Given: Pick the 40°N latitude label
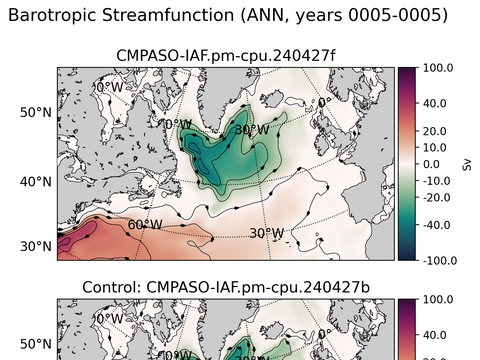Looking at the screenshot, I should point(36,181).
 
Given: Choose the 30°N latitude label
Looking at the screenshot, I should point(36,246).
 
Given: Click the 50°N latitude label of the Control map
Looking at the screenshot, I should point(36,343).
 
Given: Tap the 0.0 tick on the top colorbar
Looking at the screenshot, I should point(431,163).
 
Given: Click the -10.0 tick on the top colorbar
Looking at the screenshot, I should point(436,180).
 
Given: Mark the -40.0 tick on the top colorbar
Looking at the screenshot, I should point(436,225).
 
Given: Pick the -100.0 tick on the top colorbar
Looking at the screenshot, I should point(439,260).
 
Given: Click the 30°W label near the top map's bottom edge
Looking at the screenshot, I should point(265,234).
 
